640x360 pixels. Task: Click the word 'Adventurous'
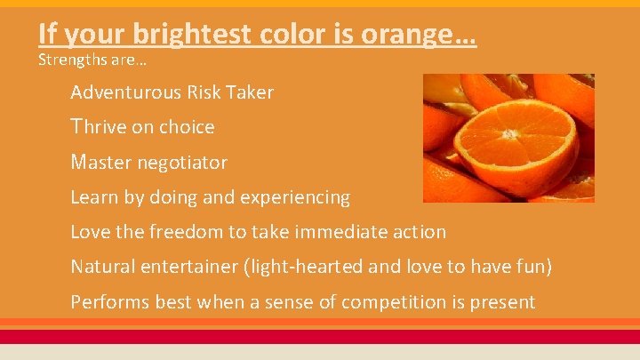pos(125,92)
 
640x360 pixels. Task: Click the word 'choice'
pos(185,127)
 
